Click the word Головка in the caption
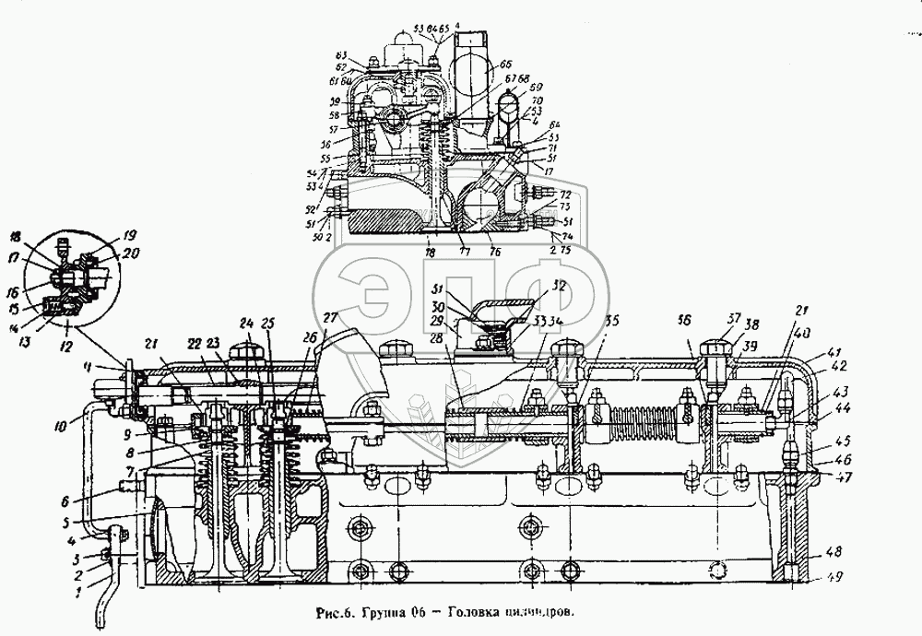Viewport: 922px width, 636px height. (x=442, y=612)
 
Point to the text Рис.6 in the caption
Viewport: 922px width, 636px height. (x=331, y=612)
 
